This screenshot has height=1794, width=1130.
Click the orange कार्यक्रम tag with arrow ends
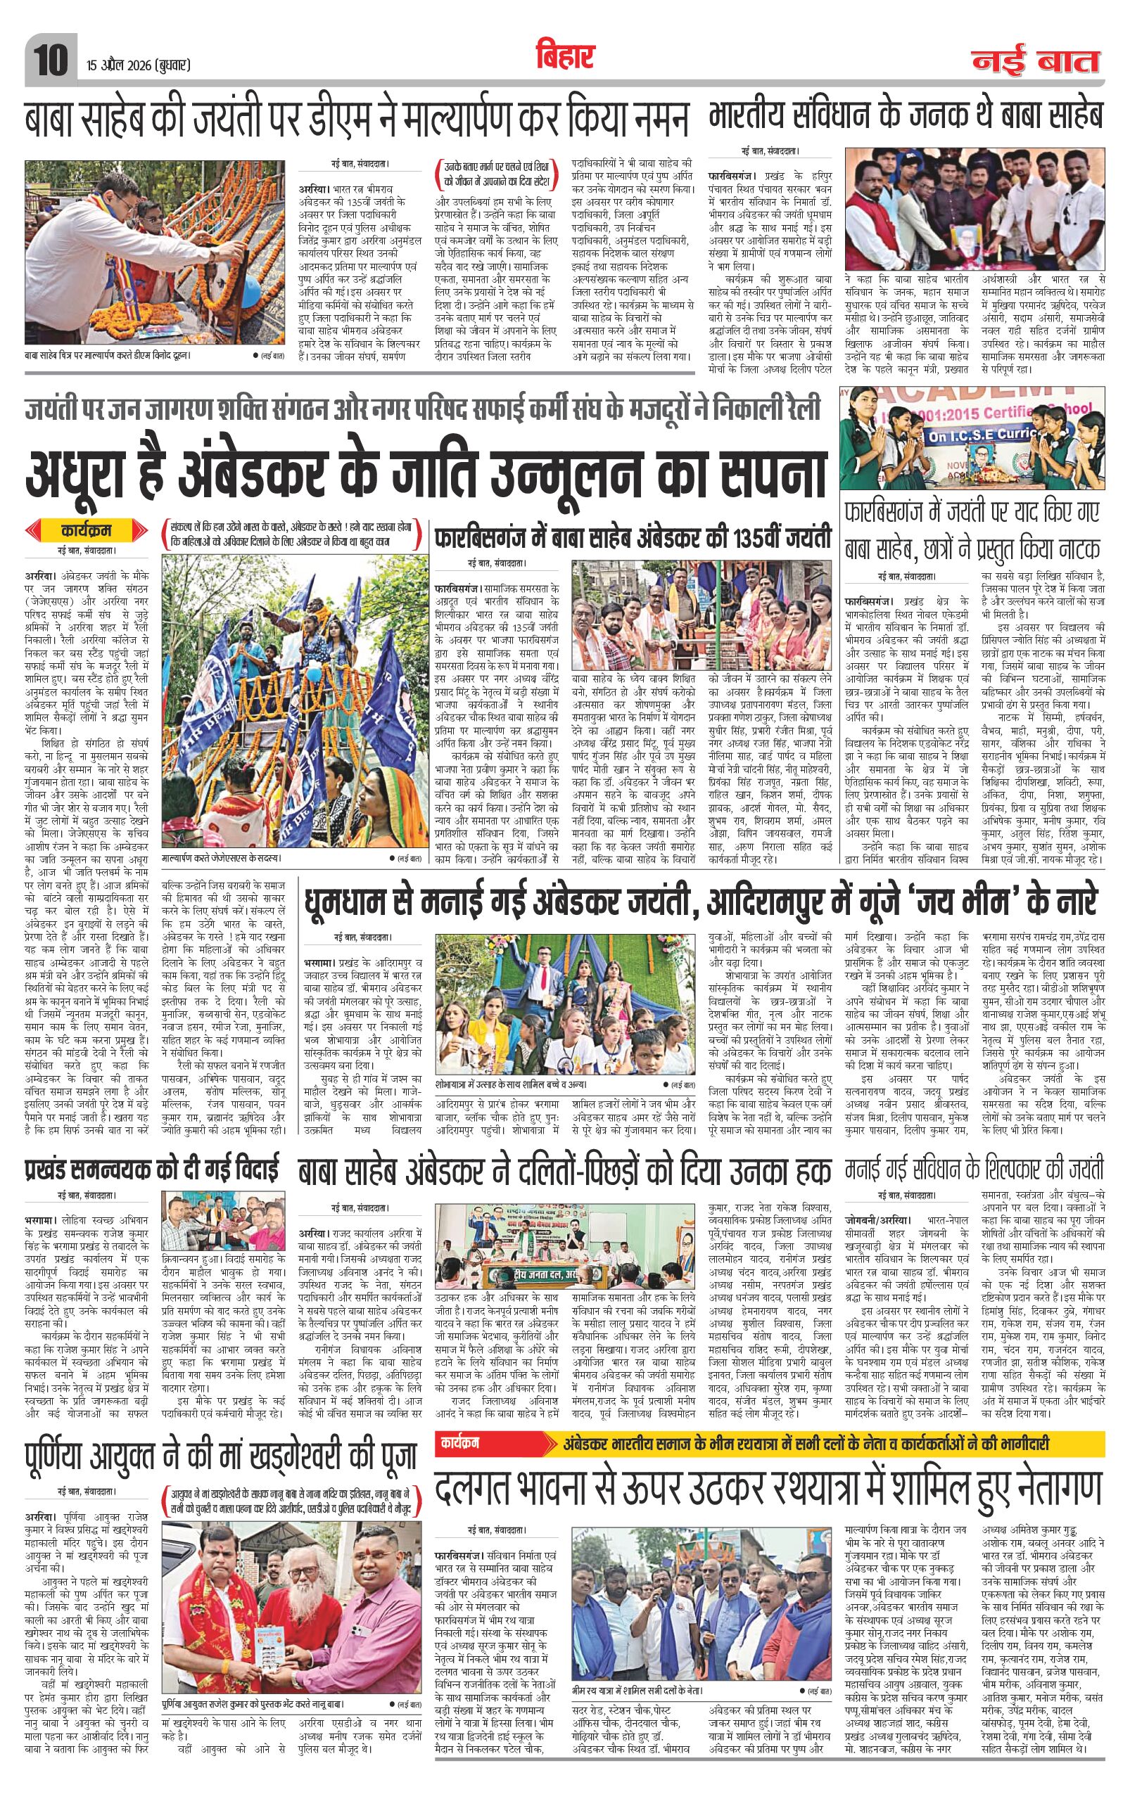[x=87, y=531]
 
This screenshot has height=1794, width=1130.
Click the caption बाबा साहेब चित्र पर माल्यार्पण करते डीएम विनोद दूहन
[x=109, y=355]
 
